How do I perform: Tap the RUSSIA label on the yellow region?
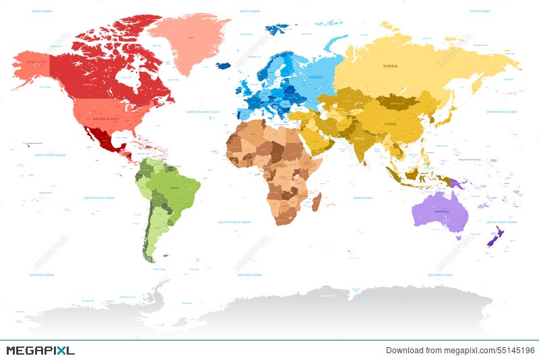point(390,65)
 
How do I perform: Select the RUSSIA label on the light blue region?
point(316,77)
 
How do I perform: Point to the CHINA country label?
point(390,124)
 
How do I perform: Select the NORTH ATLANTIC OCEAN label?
point(203,111)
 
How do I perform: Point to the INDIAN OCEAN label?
point(362,198)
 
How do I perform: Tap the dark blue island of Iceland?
point(223,65)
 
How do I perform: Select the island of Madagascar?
point(316,200)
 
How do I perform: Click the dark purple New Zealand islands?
point(495,237)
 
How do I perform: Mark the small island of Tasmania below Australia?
point(459,237)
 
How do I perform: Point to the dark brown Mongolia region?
point(396,102)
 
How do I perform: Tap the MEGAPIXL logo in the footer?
point(40,350)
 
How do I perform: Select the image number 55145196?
point(516,350)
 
